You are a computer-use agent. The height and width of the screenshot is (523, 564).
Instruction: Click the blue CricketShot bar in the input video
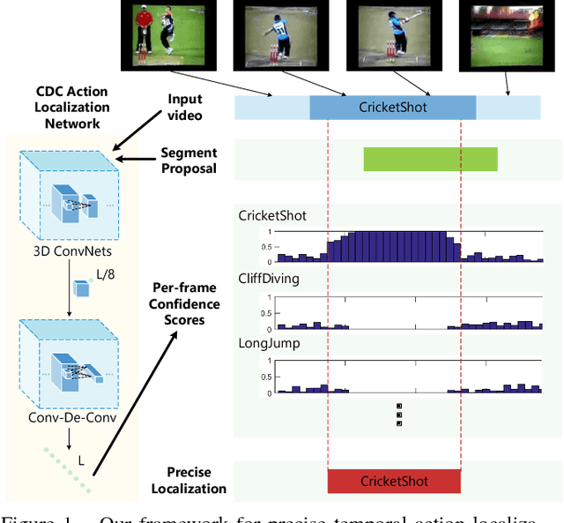point(392,107)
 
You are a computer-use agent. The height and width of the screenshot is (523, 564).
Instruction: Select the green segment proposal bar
point(430,159)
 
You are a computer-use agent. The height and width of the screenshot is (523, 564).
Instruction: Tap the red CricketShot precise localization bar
point(394,481)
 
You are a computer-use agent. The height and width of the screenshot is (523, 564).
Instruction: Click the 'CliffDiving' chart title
point(269,279)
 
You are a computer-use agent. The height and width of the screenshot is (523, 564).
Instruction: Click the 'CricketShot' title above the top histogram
point(272,215)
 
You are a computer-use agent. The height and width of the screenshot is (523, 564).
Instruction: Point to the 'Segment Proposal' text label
point(188,161)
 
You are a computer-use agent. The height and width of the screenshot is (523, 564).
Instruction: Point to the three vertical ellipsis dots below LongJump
point(399,415)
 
